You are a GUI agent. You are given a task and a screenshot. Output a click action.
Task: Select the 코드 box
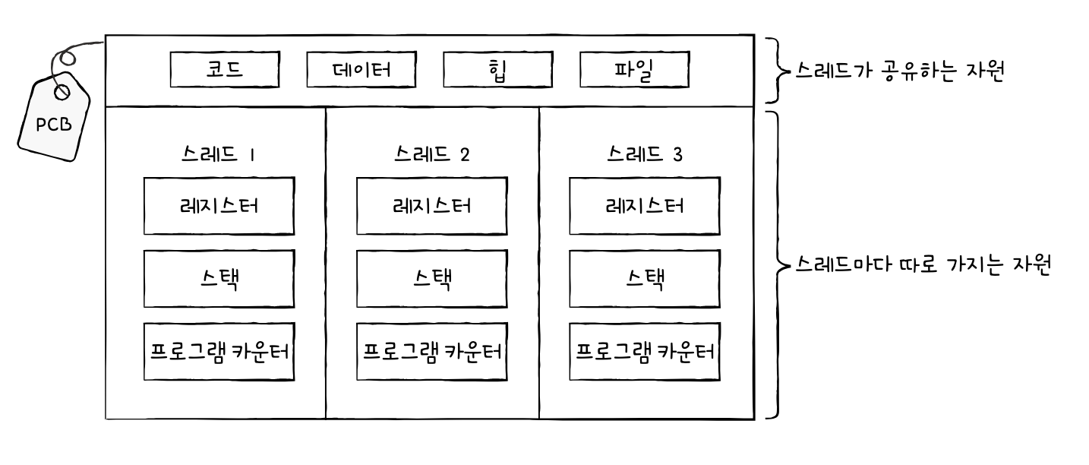(224, 70)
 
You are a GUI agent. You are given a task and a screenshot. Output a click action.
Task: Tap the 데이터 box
(361, 70)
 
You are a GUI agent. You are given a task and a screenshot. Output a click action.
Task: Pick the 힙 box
(497, 70)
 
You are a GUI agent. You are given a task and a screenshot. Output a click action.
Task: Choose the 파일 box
(634, 70)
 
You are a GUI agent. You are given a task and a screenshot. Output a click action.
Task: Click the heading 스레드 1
(219, 154)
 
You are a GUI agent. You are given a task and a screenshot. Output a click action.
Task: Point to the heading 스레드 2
(432, 154)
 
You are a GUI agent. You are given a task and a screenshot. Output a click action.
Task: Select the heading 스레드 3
(645, 154)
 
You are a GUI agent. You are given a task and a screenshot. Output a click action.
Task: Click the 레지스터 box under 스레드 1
(219, 206)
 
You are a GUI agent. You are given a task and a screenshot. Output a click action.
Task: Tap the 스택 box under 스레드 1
(219, 279)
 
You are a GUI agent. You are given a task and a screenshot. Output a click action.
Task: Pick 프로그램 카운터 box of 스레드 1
(219, 351)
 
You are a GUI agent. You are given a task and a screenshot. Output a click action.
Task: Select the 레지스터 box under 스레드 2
(432, 206)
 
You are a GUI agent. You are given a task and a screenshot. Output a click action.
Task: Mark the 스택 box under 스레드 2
(432, 279)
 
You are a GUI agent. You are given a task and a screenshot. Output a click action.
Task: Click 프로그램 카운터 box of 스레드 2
(432, 351)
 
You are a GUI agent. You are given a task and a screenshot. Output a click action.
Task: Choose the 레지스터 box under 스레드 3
(645, 206)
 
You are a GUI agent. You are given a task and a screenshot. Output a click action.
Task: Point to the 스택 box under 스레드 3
(645, 279)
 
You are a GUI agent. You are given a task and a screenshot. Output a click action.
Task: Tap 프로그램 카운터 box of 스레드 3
(645, 351)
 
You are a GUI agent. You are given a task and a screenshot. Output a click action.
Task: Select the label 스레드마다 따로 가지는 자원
(922, 266)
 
